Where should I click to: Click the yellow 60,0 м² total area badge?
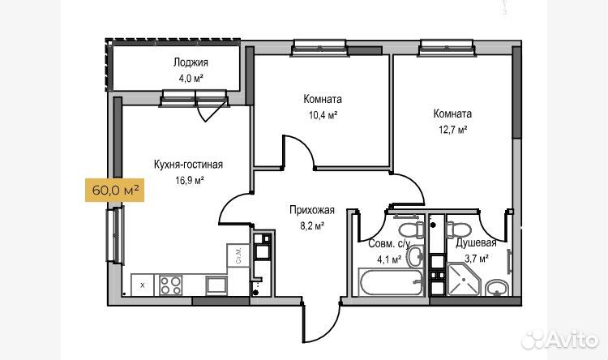[115, 190]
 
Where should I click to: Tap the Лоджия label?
[191, 62]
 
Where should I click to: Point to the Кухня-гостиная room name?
[188, 165]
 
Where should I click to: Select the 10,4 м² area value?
[323, 115]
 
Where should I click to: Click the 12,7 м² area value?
[452, 130]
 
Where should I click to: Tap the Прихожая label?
[312, 210]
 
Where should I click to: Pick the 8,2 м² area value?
[312, 226]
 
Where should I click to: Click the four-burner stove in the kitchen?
[170, 285]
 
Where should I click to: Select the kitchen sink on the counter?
[216, 285]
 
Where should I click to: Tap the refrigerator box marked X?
[143, 285]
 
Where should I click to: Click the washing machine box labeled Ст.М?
[238, 255]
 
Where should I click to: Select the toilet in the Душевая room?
[458, 229]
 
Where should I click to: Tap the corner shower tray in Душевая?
[464, 279]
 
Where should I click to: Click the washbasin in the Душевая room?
[496, 288]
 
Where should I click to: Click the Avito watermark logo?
[560, 341]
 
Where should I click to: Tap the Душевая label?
[476, 243]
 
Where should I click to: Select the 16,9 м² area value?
[190, 180]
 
